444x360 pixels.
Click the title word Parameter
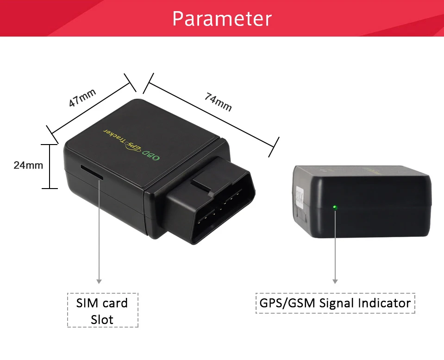tap(222, 19)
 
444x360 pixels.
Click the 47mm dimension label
tap(82, 98)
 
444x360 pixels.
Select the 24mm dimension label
tap(28, 164)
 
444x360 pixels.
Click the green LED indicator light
tap(335, 207)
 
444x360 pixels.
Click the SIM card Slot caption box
tap(102, 310)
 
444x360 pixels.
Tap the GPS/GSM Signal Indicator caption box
tap(335, 303)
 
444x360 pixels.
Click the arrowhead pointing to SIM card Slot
tap(99, 281)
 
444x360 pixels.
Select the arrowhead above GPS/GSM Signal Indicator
tap(335, 281)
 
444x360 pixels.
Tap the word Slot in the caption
tap(102, 319)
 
